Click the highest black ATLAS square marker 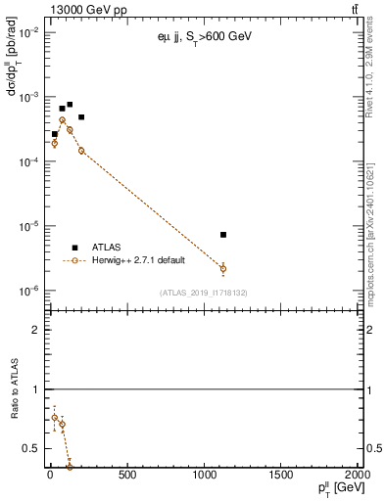pyautogui.click(x=70, y=104)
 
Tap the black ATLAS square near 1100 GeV pyautogui.click(x=223, y=235)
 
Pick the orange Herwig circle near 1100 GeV pyautogui.click(x=223, y=268)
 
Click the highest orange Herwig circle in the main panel pyautogui.click(x=62, y=120)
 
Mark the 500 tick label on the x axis pyautogui.click(x=127, y=477)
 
